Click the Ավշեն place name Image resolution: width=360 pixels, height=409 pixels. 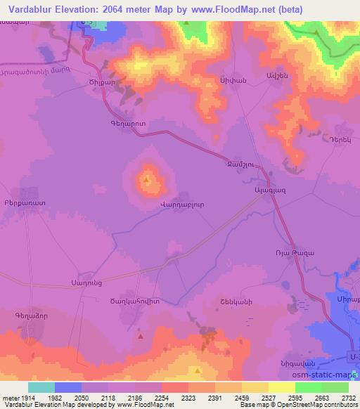click(x=275, y=76)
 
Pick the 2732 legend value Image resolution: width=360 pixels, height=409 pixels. click(x=349, y=397)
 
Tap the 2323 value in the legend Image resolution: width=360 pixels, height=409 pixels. click(x=188, y=397)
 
